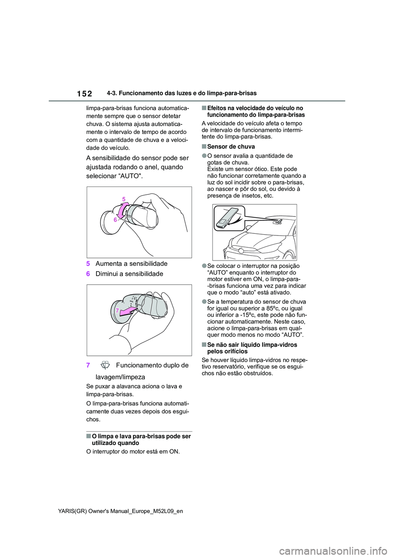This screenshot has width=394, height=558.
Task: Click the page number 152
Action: tap(85, 94)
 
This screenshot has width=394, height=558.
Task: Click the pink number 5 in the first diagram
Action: tap(124, 199)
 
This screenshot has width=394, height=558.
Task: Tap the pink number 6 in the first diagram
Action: tap(115, 220)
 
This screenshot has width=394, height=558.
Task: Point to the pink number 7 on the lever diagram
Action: tap(117, 311)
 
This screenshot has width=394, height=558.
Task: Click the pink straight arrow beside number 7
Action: tap(127, 312)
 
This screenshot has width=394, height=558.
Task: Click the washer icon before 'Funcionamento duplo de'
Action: tap(105, 365)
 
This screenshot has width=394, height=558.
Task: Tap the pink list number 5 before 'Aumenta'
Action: tap(88, 264)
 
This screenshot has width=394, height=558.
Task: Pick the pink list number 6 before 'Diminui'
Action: tap(88, 274)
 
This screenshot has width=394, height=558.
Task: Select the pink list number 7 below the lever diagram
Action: tap(88, 365)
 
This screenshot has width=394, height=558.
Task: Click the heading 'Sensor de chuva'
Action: tap(231, 147)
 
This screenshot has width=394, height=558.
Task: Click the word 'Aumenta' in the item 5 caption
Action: tap(109, 264)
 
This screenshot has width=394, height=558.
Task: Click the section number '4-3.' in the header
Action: tap(112, 93)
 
